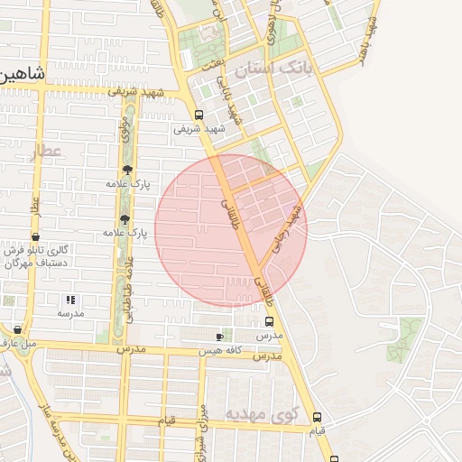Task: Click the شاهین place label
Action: pos(20,75)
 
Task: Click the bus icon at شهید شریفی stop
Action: pos(199,115)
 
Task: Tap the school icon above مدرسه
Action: pos(69,300)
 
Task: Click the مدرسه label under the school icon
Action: pos(70,313)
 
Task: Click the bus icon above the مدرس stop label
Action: pos(269,321)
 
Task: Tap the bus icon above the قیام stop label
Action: pos(316,417)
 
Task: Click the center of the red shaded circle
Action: pos(231,229)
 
